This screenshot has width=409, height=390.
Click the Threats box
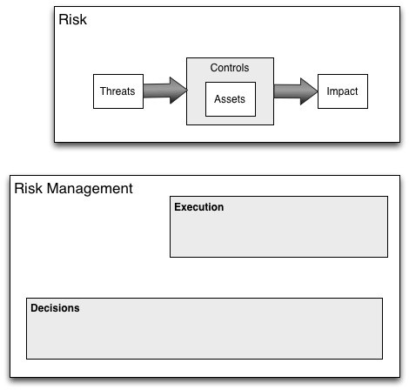point(118,91)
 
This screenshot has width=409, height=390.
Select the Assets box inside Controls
point(231,99)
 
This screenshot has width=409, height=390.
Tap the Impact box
point(343,91)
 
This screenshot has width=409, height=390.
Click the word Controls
point(230,68)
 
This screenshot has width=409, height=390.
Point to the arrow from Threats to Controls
point(165,91)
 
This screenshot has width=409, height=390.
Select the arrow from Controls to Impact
point(296,91)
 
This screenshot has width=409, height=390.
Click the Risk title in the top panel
point(72,19)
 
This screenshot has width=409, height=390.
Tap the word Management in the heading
point(90,189)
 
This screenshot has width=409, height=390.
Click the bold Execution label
point(199,207)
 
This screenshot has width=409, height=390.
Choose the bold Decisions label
point(55,308)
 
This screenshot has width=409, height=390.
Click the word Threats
point(117,91)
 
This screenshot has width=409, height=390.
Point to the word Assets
point(230,99)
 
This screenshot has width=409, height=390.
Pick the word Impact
point(342,91)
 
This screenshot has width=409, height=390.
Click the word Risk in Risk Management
point(28,188)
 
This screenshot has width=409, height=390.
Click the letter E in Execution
point(178,207)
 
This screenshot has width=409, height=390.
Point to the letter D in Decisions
point(35,308)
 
